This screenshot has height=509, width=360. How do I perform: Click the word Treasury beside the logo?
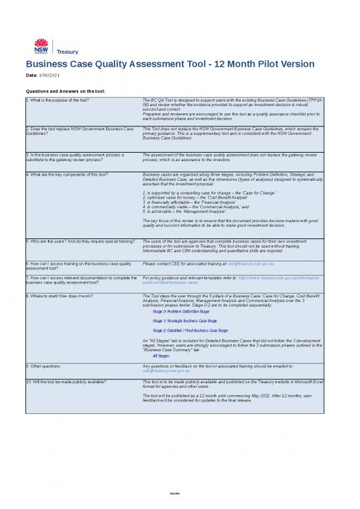pos(67,51)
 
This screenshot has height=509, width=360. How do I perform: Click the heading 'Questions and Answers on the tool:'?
pos(65,91)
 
